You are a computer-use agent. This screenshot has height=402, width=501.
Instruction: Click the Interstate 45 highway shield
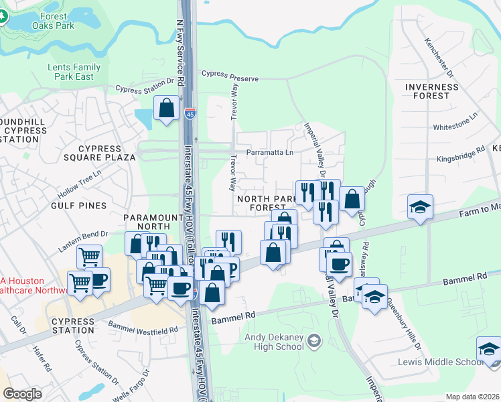tap(190, 113)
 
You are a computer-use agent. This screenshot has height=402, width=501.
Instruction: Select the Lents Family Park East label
tap(74, 72)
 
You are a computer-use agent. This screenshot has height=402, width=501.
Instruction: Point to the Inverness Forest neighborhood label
tap(432, 91)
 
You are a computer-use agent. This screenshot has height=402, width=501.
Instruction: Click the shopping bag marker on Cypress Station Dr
tap(166, 107)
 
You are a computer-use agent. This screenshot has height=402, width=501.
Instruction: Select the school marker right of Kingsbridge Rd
tap(420, 206)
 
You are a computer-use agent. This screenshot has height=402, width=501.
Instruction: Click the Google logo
tap(23, 393)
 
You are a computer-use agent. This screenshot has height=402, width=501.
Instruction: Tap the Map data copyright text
tap(472, 397)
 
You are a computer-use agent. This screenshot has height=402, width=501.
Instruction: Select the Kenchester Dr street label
tap(439, 56)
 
